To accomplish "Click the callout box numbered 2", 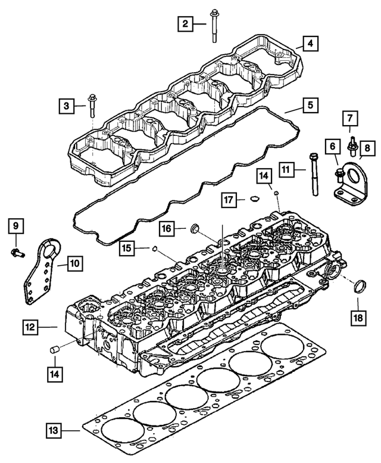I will click(186, 24).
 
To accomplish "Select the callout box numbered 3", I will click(67, 106).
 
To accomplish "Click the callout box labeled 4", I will click(310, 43).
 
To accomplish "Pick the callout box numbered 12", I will click(32, 326).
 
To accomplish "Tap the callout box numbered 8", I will click(367, 146).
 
